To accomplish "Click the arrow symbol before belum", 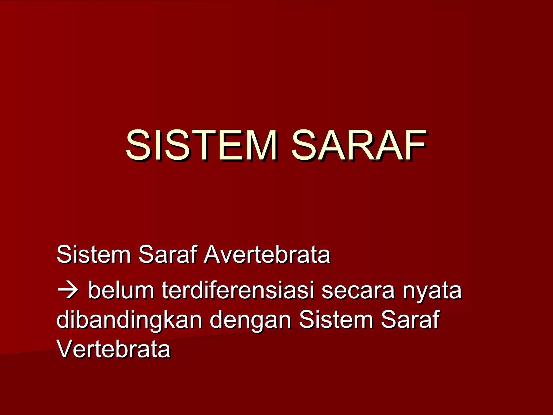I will point(68,291).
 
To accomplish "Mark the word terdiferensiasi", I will point(238,290).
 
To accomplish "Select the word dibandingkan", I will point(129,320).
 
